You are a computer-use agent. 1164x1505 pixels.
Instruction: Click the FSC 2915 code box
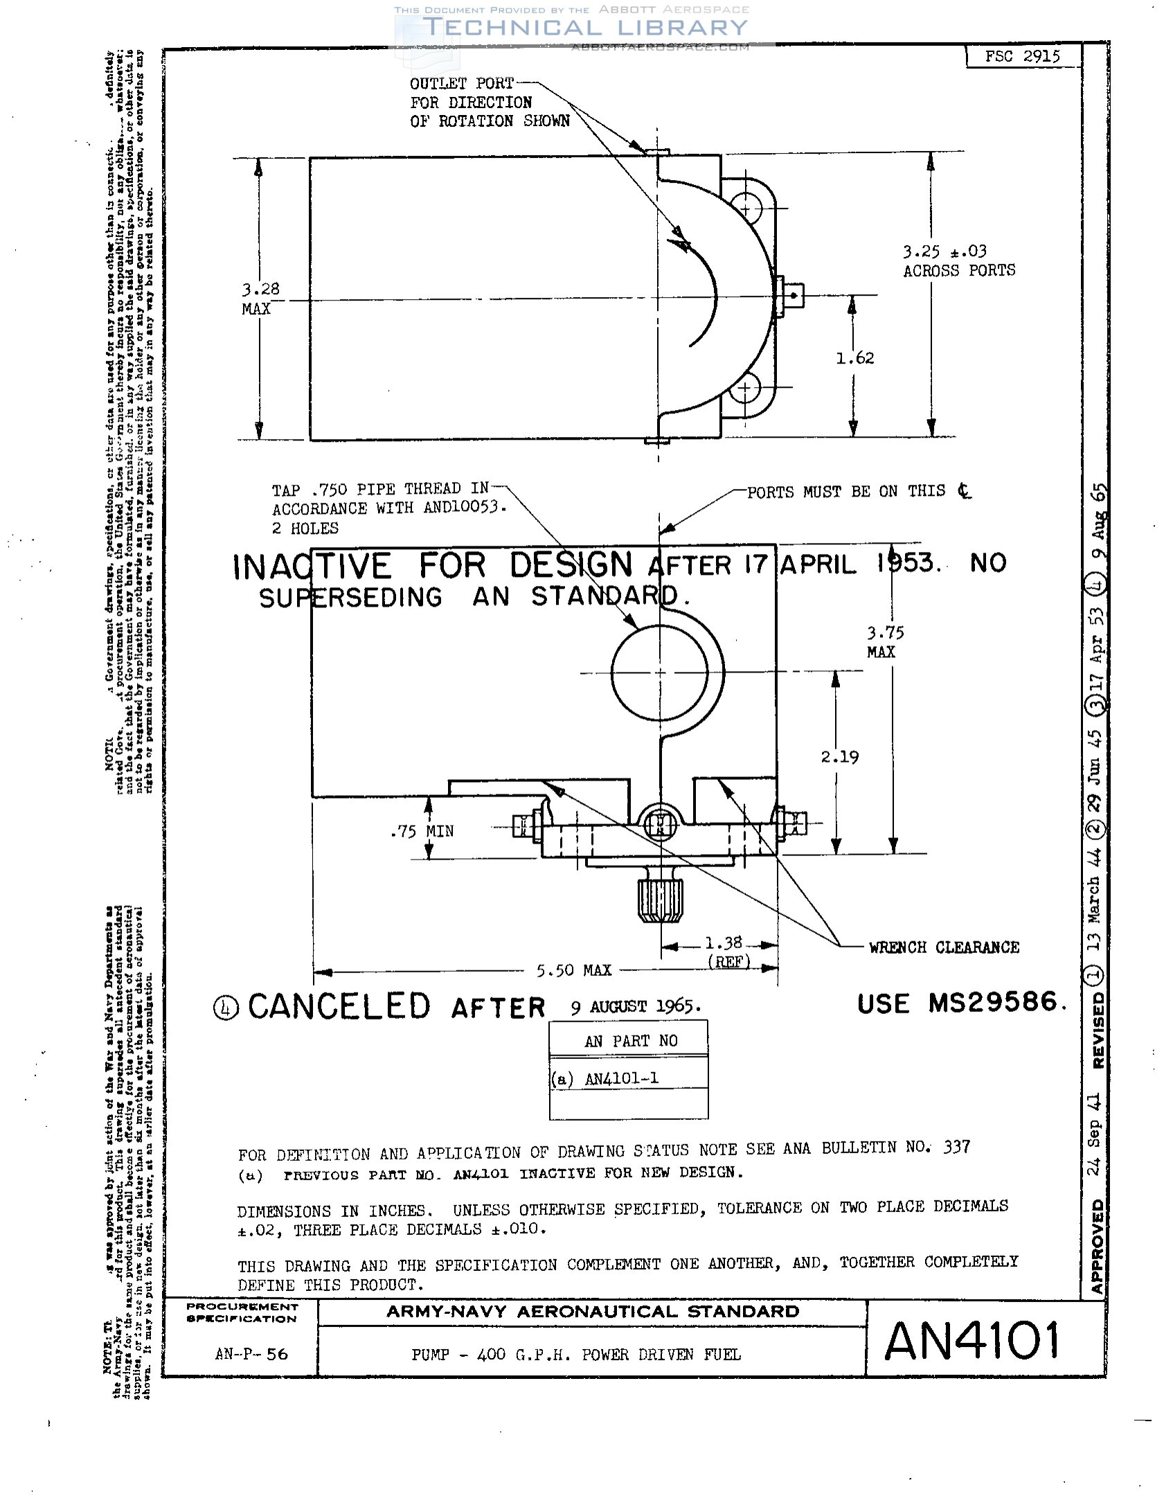tap(1022, 57)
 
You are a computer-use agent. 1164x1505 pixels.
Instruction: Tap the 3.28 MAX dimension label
tap(260, 299)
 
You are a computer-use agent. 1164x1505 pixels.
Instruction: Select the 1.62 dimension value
tap(854, 358)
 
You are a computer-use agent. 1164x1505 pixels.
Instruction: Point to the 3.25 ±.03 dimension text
tap(944, 251)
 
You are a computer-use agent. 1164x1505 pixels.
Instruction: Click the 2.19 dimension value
tap(839, 757)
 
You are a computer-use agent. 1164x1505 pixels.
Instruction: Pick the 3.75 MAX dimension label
tap(884, 641)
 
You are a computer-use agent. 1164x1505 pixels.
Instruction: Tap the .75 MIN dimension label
tap(421, 831)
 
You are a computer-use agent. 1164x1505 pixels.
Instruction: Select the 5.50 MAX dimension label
tap(573, 970)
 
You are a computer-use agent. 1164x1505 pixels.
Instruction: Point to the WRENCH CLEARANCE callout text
tap(943, 947)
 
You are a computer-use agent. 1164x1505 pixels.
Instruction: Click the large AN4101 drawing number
tap(971, 1341)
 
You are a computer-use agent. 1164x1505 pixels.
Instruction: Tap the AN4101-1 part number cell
tap(621, 1078)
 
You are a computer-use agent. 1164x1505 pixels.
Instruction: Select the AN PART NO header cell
tap(630, 1041)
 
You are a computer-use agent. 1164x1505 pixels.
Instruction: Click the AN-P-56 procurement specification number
tap(251, 1353)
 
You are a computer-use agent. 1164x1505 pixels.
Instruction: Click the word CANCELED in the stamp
tap(339, 1006)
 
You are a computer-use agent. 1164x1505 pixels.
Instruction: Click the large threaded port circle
tap(660, 672)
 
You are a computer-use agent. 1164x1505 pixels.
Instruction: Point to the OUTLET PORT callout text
tap(461, 84)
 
